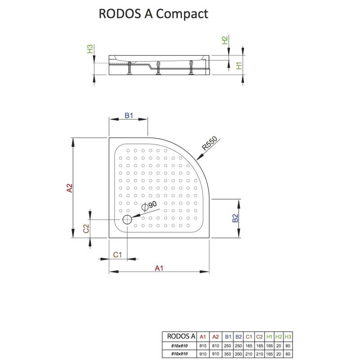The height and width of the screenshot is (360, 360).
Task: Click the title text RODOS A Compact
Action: tap(153, 14)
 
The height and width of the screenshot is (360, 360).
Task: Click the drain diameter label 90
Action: tap(150, 206)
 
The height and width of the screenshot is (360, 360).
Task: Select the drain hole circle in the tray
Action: tap(127, 220)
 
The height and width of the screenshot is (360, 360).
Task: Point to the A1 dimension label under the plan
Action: tap(158, 268)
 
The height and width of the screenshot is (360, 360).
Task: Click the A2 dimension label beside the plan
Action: tap(69, 188)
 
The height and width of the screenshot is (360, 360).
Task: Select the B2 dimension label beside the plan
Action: tap(235, 219)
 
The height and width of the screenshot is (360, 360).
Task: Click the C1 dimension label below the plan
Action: tap(118, 255)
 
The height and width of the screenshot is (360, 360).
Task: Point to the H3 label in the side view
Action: tap(90, 49)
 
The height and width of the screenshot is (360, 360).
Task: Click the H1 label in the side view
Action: tap(240, 66)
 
